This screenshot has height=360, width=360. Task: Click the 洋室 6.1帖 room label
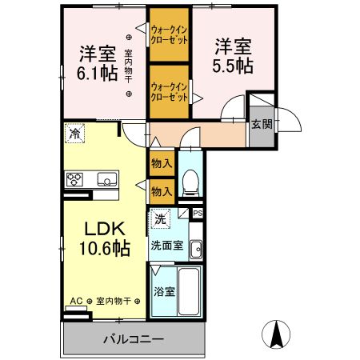coord(98,63)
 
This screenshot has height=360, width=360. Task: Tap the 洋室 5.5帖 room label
coord(233,56)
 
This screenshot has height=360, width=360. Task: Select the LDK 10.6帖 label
coord(105,238)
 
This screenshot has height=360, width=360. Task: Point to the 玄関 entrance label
coord(262,124)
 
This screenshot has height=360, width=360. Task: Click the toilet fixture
coord(190,183)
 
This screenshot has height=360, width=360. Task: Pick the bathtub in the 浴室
coord(189,291)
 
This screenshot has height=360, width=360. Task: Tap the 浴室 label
coord(164,291)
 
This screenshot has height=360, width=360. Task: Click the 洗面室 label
coord(167,246)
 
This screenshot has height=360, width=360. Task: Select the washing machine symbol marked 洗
coord(161,219)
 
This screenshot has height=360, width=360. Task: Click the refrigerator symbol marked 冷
coord(74,133)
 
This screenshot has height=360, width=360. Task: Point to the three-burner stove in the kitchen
coord(74,179)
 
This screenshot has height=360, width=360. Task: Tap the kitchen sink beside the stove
coord(107,179)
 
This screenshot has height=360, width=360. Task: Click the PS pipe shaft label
coord(198,214)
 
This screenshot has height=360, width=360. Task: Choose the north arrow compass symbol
coord(276,334)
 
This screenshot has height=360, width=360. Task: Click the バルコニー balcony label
coord(133,339)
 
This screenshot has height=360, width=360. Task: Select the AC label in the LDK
coord(76,301)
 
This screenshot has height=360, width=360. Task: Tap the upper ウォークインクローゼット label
coord(170,35)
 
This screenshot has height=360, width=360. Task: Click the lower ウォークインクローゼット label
coord(170,92)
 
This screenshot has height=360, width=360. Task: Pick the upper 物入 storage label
coord(162,163)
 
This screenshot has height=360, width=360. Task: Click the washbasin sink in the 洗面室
coord(196,250)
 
